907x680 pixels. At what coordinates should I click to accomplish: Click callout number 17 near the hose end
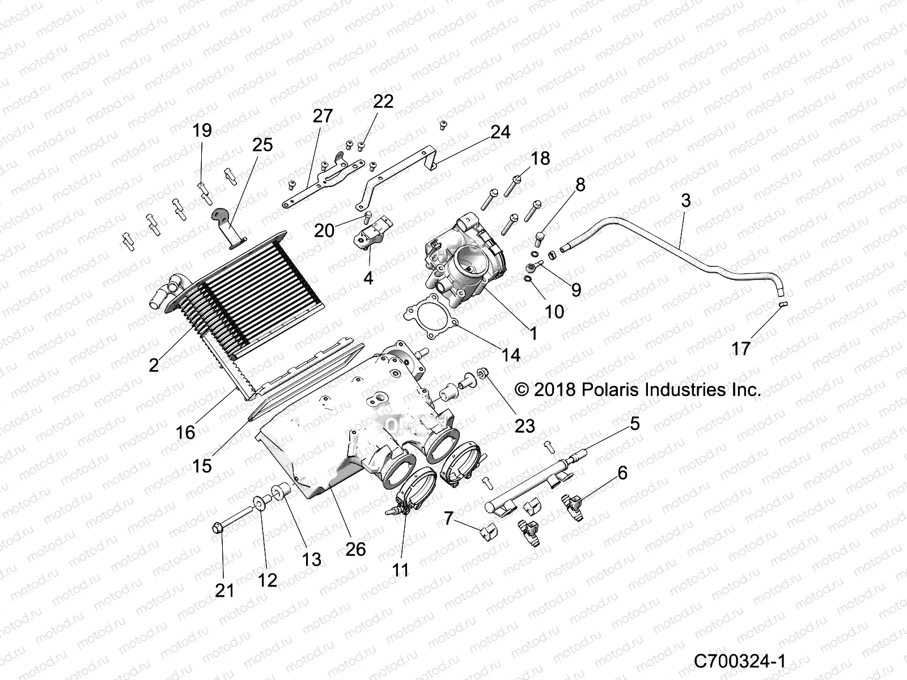click(741, 348)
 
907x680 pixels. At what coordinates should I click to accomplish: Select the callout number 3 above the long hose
click(686, 200)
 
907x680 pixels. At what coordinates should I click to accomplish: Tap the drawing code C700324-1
click(739, 661)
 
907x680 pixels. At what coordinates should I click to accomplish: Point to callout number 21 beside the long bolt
click(224, 590)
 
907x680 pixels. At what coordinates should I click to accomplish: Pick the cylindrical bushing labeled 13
click(282, 491)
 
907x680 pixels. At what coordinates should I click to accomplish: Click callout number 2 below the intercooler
click(154, 365)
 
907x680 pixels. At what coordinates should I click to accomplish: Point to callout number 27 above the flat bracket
click(323, 116)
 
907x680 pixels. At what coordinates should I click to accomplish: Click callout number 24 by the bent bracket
click(501, 132)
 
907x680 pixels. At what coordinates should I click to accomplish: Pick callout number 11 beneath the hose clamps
click(400, 569)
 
